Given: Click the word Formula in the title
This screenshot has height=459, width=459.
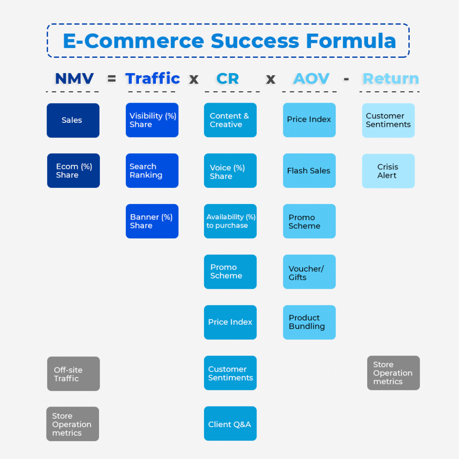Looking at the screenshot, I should [351, 41].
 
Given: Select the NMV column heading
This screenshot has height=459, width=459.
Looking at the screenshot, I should [74, 79].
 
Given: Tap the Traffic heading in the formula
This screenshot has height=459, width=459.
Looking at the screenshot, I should [152, 79].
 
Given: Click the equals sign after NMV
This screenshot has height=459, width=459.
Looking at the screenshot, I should [112, 79].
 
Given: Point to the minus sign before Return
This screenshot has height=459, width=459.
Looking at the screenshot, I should [346, 79].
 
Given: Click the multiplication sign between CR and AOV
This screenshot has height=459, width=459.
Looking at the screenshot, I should [271, 79].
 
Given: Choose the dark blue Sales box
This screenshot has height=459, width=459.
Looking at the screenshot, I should [73, 120].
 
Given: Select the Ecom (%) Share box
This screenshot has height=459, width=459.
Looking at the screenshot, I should [74, 171].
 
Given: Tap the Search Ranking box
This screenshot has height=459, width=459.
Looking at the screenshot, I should [152, 171].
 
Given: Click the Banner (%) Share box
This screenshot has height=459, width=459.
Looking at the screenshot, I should [152, 221].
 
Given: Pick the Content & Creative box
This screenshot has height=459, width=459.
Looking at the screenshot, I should [230, 120].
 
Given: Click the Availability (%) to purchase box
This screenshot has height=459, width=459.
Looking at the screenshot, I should [230, 221].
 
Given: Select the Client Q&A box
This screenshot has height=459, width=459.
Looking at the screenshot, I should [230, 424].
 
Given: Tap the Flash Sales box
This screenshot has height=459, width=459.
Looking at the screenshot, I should [309, 171].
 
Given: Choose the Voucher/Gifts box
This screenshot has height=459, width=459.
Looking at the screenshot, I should [309, 272].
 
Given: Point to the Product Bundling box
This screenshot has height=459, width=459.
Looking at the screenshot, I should [309, 322].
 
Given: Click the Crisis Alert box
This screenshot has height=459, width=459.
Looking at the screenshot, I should [388, 171].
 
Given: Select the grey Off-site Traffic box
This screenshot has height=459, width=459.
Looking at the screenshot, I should [74, 374].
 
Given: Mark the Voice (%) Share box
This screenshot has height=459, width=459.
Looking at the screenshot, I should [230, 171].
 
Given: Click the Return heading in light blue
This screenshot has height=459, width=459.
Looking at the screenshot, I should [390, 79].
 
